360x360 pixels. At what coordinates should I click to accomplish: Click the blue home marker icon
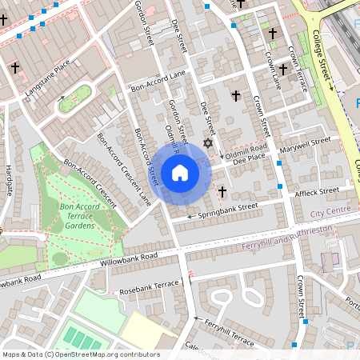pyautogui.click(x=180, y=173)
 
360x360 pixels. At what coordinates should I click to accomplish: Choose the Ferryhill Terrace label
pyautogui.click(x=228, y=334)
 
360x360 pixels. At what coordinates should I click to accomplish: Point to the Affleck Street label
pyautogui.click(x=317, y=192)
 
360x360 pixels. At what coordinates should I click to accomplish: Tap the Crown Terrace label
pyautogui.click(x=295, y=68)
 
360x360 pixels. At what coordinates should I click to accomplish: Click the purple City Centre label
pyautogui.click(x=331, y=210)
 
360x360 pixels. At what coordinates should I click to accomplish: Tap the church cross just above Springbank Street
pyautogui.click(x=222, y=192)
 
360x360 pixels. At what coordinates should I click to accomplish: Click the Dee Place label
pyautogui.click(x=249, y=160)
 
